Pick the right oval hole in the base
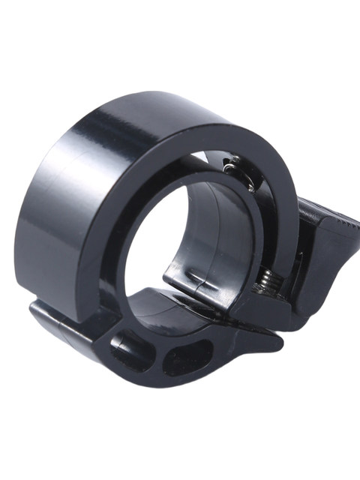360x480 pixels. pyautogui.click(x=184, y=355)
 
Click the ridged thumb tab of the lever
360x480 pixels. pyautogui.click(x=330, y=247)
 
